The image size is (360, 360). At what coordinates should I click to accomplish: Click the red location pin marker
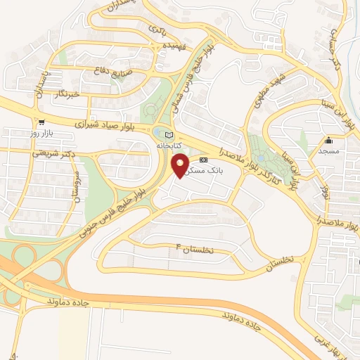pyautogui.click(x=180, y=165)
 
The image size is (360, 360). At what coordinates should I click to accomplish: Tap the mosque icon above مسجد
pyautogui.click(x=328, y=141)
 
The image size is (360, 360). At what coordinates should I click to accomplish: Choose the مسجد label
pyautogui.click(x=328, y=150)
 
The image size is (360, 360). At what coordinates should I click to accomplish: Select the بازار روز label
pyautogui.click(x=42, y=132)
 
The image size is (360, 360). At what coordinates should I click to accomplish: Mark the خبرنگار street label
pyautogui.click(x=72, y=94)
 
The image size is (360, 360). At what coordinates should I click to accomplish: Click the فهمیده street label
pyautogui.click(x=155, y=45)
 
